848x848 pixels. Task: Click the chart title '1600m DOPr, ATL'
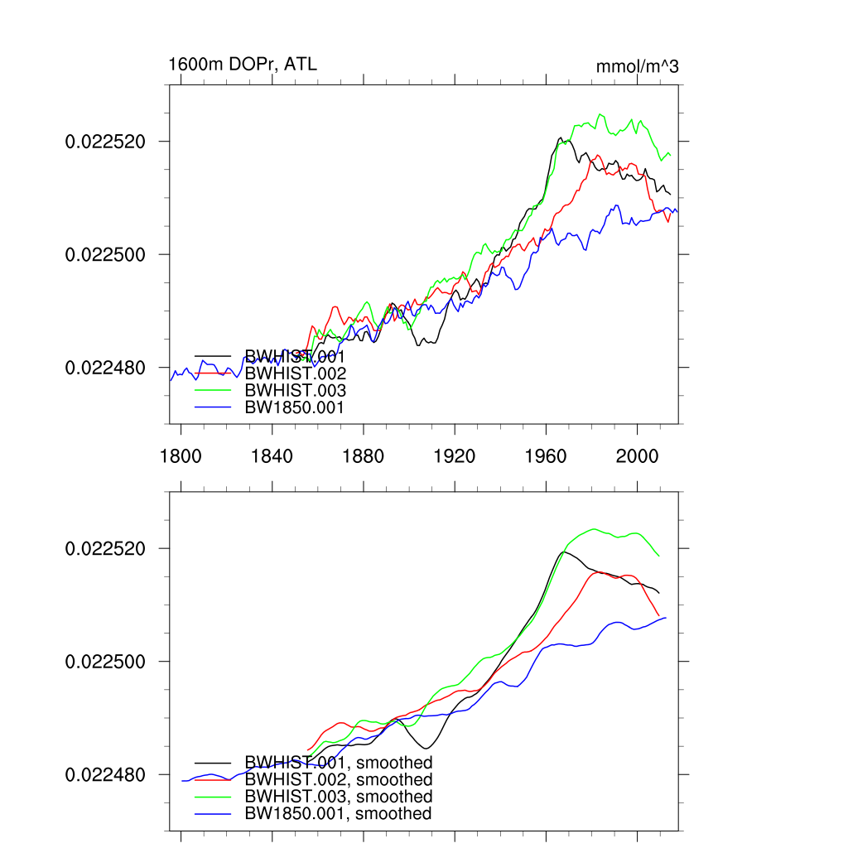[243, 64]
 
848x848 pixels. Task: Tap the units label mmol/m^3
[637, 66]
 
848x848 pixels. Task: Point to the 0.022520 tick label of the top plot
[105, 142]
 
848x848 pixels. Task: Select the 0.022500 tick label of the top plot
[105, 254]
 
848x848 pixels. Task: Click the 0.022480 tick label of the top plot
[105, 367]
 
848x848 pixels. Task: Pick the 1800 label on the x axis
[181, 455]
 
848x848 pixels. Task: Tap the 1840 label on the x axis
[272, 455]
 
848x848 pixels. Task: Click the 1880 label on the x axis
[364, 455]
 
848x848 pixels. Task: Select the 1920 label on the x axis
[455, 455]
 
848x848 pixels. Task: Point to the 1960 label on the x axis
[547, 455]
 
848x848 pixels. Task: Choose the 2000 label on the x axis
[638, 455]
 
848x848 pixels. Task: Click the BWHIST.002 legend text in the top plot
[295, 373]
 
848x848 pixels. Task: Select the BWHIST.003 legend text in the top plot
[295, 390]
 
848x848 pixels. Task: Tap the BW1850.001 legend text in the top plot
[294, 407]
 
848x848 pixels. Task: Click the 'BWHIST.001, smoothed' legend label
[338, 762]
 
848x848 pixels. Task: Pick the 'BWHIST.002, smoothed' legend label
[338, 779]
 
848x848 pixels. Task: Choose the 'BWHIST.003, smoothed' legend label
[338, 796]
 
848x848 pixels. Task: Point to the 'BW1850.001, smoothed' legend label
[338, 813]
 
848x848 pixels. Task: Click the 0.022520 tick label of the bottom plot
[105, 548]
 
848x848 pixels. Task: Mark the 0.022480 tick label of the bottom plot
[105, 774]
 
